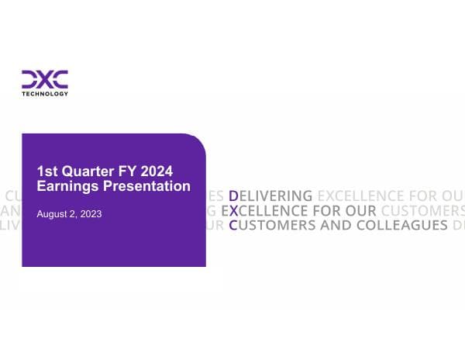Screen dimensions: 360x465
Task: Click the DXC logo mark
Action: coord(44,79)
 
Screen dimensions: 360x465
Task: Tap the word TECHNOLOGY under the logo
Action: coord(44,94)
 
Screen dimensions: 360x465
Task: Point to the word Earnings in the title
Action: coord(67,186)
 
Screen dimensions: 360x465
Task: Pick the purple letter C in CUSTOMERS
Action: coord(232,226)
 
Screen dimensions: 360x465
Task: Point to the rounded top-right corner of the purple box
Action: coord(199,140)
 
